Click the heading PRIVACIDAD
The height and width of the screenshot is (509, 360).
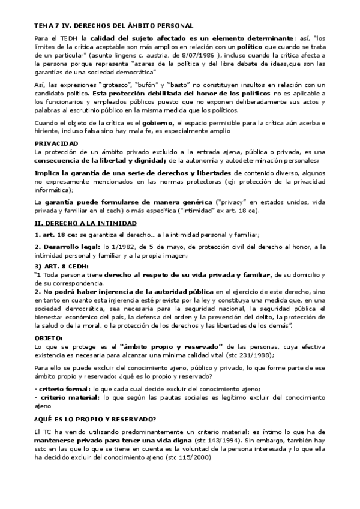click(56, 144)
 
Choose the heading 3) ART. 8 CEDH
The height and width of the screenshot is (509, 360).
click(62, 266)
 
